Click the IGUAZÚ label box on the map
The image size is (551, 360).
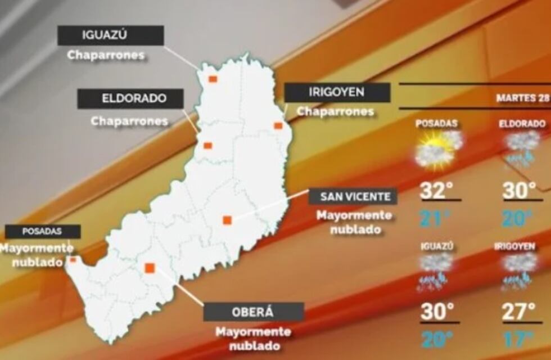110,35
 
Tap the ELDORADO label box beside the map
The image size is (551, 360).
130,98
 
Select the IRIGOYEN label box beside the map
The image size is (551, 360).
337,92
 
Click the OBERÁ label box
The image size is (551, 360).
253,312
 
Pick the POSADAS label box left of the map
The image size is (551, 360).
42,231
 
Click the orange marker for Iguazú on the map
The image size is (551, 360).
213,79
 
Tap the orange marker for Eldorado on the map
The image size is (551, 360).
207,146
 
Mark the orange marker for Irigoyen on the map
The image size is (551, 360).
278,125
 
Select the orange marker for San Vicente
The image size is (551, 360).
227,220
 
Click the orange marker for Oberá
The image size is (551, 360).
150,268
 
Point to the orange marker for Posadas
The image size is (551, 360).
73,259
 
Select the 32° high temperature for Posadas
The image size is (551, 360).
437,191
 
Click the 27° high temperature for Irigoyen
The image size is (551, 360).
518,312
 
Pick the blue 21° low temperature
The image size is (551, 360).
436,218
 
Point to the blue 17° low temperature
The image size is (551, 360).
518,340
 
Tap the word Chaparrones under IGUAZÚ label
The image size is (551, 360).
106,56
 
